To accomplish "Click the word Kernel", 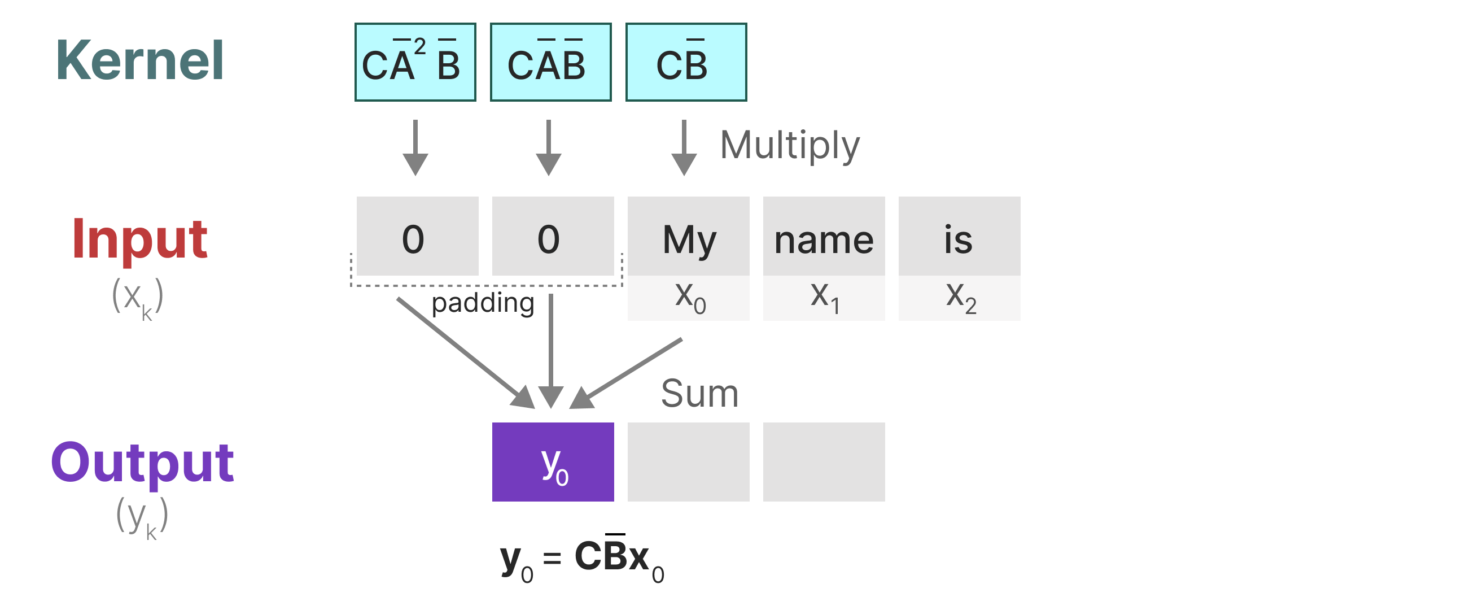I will (x=139, y=60).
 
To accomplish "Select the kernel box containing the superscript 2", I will (x=415, y=62).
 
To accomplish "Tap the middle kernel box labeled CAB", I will (x=550, y=62).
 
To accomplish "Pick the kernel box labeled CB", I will (x=685, y=62).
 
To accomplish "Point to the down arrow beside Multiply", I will (x=684, y=147).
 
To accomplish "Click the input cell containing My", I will (x=688, y=237).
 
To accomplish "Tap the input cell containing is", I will (x=959, y=237).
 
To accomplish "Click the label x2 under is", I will (x=960, y=298).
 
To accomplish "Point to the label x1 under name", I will (x=825, y=298).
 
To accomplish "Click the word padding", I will (x=482, y=303).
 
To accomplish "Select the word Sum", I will (x=699, y=394).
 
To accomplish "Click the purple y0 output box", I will (x=552, y=462).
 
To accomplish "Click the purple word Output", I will (x=142, y=463).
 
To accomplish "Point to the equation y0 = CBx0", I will (x=581, y=560).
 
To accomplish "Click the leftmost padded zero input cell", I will (x=417, y=237).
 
